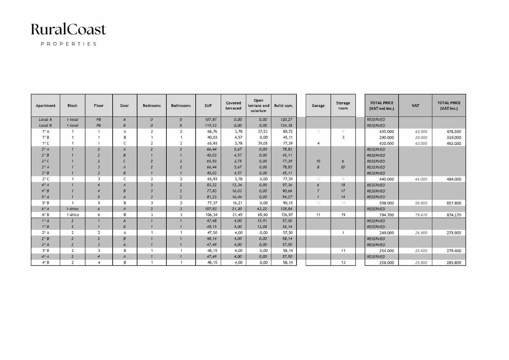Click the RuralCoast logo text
point(68,30)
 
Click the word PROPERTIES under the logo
point(68,44)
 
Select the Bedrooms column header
point(152,106)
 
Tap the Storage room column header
point(343,106)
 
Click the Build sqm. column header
point(283,106)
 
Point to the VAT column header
point(415,106)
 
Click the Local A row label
point(45,120)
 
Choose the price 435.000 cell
point(387,131)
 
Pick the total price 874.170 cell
point(454,215)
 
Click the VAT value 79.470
point(421,215)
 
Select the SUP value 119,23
point(211,125)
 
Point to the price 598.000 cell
point(387,203)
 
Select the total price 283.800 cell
point(454,263)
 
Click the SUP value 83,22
point(212,185)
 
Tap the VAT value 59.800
point(421,203)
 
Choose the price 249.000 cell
point(387,233)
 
